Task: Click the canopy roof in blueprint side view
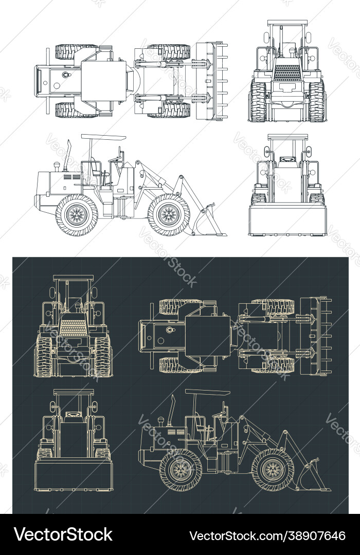pos(207,392)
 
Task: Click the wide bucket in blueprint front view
pos(74,475)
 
